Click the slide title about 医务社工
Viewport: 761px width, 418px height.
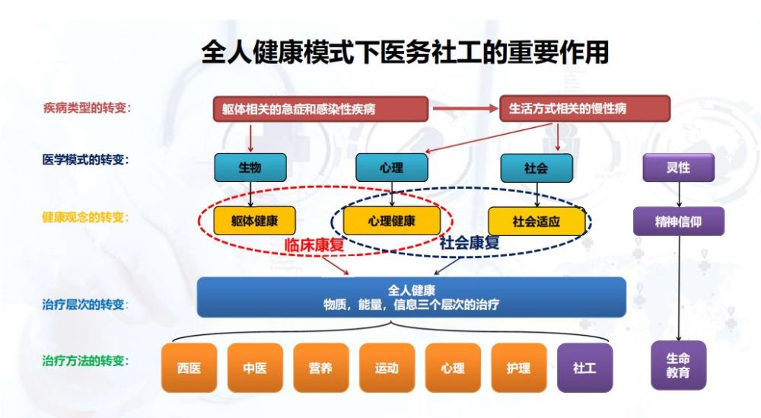pos(405,52)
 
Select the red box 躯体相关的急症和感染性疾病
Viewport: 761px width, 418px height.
pos(321,109)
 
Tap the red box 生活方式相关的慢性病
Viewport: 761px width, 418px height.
pos(584,108)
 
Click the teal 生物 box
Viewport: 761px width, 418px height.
pos(250,168)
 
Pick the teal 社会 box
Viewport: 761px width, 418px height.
pos(537,168)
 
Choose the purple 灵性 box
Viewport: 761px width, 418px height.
pos(679,168)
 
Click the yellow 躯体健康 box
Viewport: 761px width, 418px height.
pos(254,221)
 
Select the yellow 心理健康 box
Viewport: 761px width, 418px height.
pos(392,221)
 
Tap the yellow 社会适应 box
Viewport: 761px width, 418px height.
pos(537,222)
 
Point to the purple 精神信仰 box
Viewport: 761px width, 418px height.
pos(679,222)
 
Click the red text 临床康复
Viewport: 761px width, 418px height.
pos(314,244)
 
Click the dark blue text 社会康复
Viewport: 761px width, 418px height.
pos(470,242)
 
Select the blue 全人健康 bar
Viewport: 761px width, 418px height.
pos(412,297)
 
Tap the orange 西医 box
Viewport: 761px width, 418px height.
pos(189,368)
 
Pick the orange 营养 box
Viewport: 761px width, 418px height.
pos(321,368)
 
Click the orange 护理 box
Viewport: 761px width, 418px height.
pos(519,368)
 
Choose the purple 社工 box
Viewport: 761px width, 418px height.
pos(584,368)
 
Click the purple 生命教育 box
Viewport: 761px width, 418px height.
pos(678,365)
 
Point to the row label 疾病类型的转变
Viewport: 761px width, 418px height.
pos(87,107)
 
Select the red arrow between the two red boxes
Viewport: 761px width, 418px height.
pos(466,109)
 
